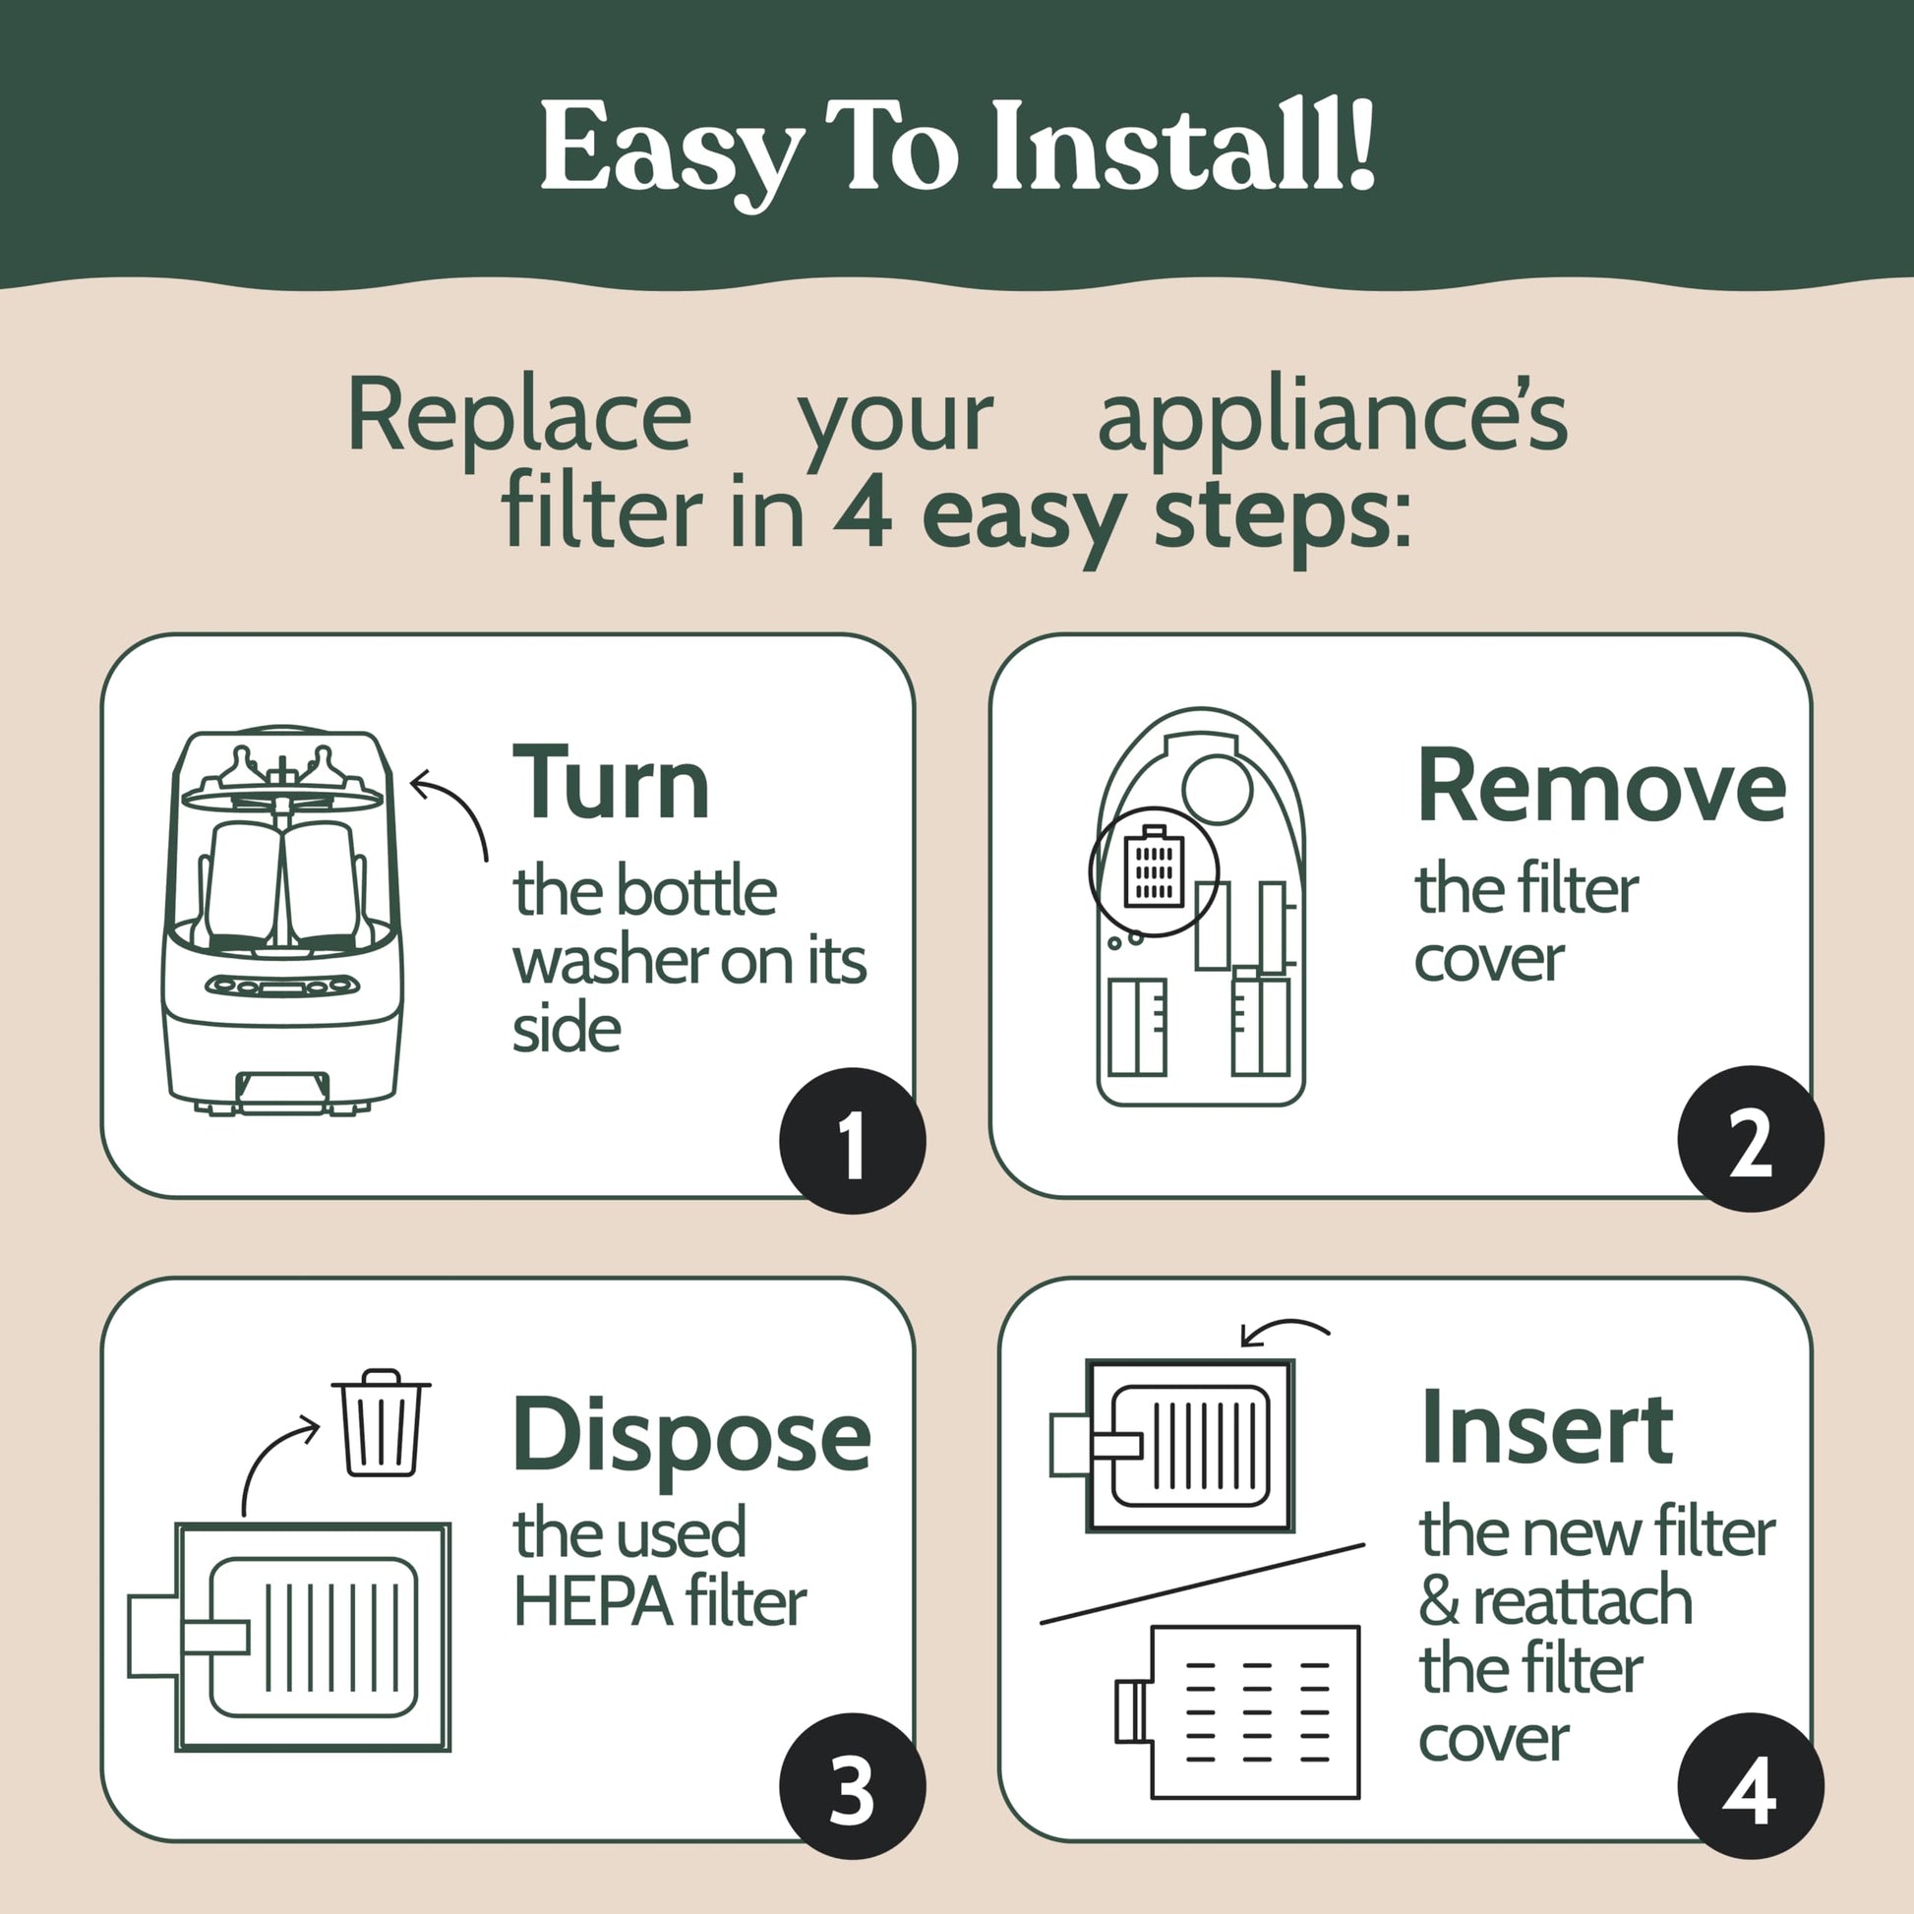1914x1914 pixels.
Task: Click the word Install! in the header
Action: (x=1183, y=146)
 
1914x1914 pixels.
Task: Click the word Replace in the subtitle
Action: (x=519, y=416)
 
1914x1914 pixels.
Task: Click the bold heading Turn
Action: (x=610, y=782)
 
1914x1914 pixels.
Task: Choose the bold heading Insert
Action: (x=1546, y=1428)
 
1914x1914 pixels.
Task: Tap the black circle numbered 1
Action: (x=852, y=1140)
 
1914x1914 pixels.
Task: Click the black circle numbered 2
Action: (x=1751, y=1138)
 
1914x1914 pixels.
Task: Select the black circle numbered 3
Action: (x=852, y=1786)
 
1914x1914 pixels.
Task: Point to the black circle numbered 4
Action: (x=1751, y=1786)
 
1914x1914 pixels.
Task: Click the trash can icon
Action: (x=382, y=1422)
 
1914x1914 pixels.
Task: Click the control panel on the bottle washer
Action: (x=282, y=986)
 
